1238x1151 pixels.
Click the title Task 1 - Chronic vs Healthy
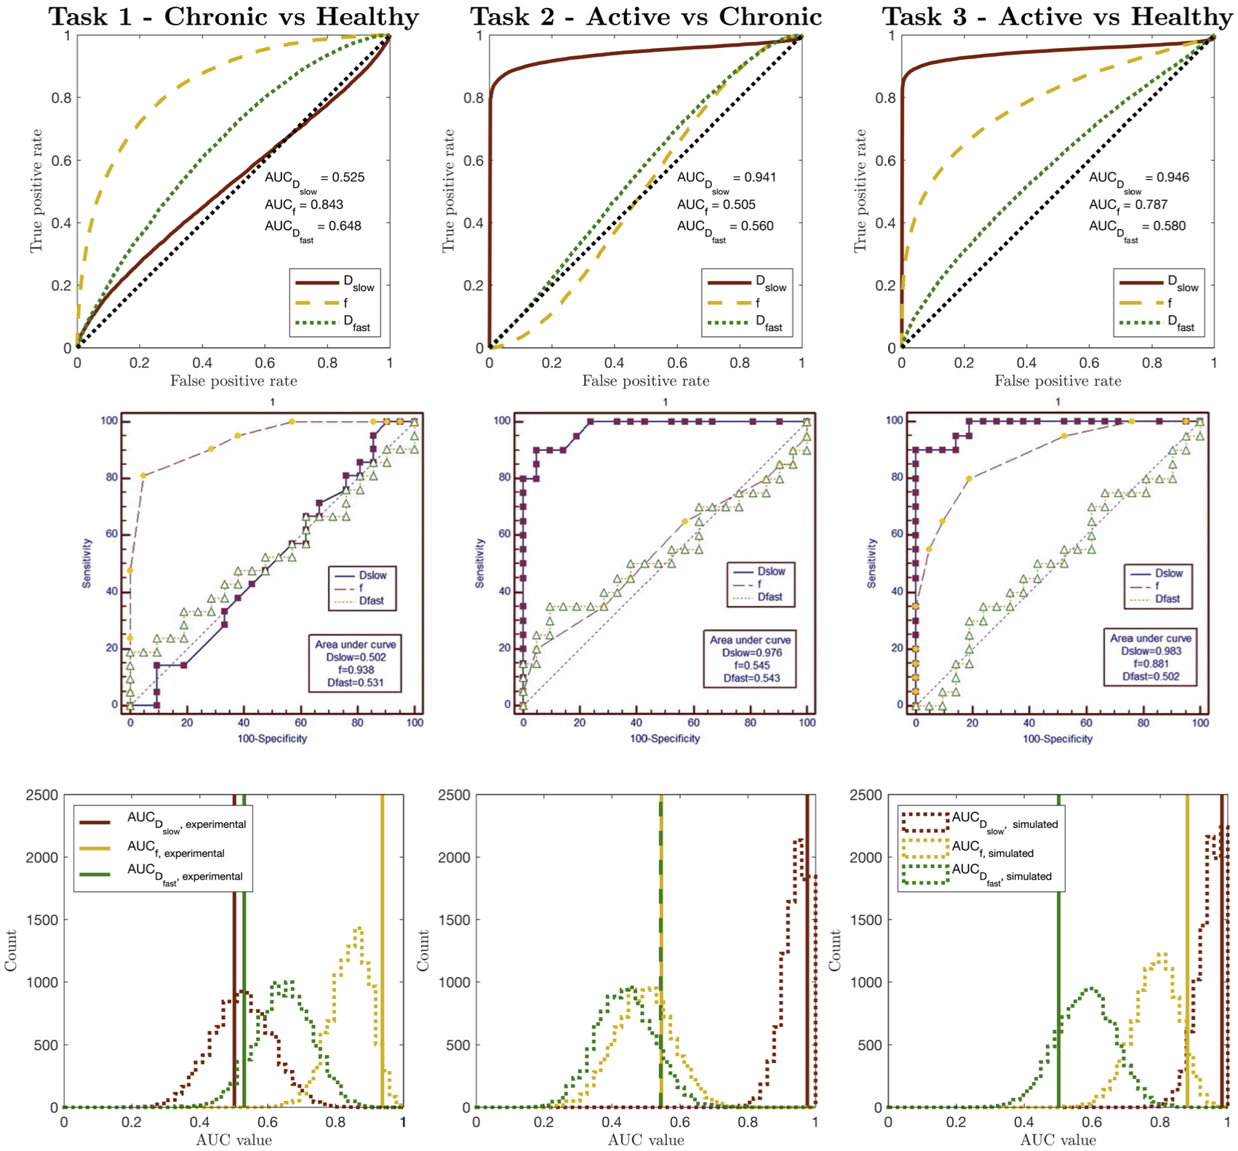(x=233, y=17)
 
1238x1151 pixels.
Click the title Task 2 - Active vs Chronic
(x=646, y=17)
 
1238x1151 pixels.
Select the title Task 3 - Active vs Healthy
(x=1059, y=17)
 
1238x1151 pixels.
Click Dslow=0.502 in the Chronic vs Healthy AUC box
(x=356, y=657)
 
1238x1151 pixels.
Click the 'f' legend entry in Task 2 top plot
(x=757, y=303)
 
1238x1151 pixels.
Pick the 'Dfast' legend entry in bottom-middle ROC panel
(x=770, y=597)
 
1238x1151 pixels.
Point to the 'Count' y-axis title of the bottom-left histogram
(x=11, y=950)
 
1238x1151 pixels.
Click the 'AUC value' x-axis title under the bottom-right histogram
(x=1058, y=1140)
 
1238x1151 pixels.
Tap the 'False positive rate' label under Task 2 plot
(x=646, y=381)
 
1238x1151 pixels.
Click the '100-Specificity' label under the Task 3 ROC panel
(x=1058, y=738)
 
